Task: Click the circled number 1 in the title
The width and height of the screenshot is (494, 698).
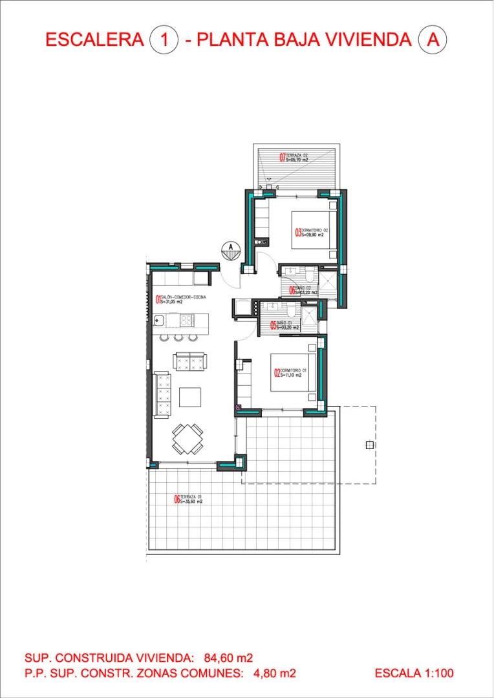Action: click(x=164, y=39)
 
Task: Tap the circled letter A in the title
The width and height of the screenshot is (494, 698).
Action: click(x=433, y=39)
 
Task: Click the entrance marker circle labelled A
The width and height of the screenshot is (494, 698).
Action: click(x=230, y=246)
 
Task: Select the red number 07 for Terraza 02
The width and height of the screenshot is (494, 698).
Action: click(x=283, y=157)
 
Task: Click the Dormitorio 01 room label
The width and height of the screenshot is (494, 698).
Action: click(x=291, y=373)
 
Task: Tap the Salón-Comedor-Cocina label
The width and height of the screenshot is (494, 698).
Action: click(x=181, y=299)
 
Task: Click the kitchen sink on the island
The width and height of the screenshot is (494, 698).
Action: click(x=158, y=319)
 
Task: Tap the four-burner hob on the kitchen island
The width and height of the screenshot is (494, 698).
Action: click(x=186, y=319)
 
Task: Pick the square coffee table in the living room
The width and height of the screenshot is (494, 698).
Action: click(x=190, y=396)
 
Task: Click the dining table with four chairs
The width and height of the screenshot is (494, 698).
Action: click(x=188, y=439)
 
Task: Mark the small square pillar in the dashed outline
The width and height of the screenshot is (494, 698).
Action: click(x=369, y=445)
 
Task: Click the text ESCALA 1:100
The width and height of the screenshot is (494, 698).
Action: click(x=414, y=673)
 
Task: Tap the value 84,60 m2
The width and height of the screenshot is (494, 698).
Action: click(x=228, y=659)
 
